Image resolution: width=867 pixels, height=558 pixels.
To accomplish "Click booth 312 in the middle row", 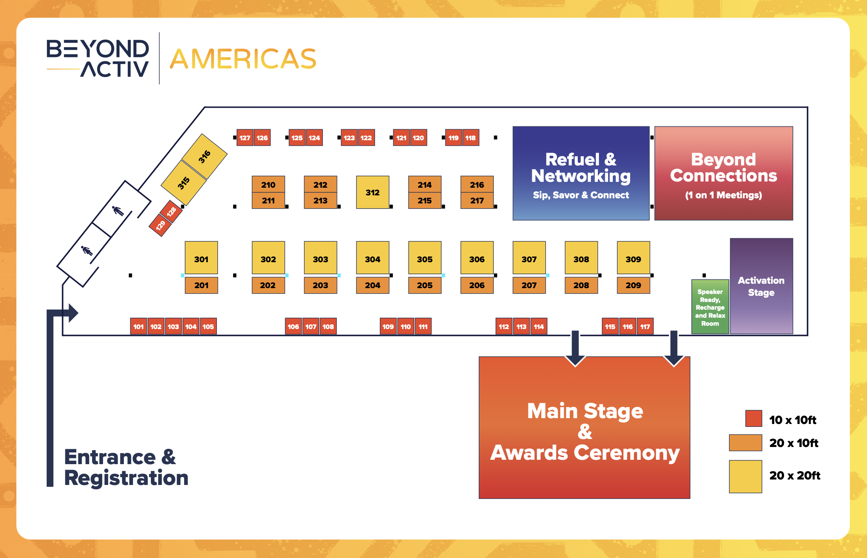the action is (373, 192).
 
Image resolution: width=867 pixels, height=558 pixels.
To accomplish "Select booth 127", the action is (245, 138).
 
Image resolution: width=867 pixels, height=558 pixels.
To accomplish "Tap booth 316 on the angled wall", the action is (204, 156).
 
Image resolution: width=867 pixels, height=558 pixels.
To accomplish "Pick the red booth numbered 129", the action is (160, 226).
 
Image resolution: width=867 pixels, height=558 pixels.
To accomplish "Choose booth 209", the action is (633, 285).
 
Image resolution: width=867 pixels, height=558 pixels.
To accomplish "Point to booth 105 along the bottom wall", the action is (208, 326).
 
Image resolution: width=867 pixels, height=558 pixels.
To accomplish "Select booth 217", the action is (477, 200).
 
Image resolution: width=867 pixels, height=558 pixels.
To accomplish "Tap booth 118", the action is (471, 138).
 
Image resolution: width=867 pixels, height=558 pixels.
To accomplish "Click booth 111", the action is (423, 326).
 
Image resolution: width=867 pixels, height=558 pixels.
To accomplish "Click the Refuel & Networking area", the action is (581, 173).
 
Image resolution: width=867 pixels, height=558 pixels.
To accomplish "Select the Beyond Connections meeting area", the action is (724, 173).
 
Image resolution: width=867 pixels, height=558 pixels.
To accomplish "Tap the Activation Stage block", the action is (761, 286).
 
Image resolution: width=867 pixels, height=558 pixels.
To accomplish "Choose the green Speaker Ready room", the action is (710, 307).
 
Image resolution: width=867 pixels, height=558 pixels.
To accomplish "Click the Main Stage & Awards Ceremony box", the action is (584, 427).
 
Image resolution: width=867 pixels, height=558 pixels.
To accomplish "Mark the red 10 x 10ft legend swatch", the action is (754, 418).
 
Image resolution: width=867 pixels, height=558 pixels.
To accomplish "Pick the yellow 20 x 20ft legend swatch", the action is (745, 477).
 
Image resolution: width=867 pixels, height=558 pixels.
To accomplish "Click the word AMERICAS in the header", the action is (243, 59).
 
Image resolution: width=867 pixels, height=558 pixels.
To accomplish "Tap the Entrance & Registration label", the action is (126, 467).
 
